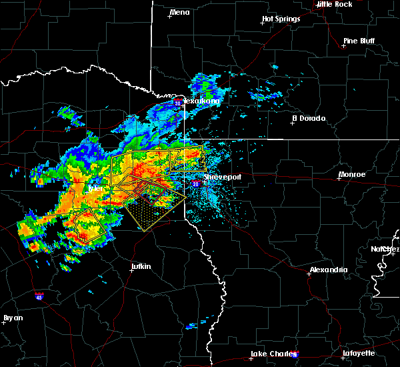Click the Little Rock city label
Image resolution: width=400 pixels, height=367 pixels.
[334, 4]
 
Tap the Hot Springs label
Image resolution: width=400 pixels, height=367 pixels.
[281, 19]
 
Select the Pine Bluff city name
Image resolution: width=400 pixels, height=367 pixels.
[359, 41]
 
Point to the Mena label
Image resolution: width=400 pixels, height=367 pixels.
[179, 12]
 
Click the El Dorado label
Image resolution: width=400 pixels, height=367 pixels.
[309, 118]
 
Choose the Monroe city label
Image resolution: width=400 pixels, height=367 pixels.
[351, 174]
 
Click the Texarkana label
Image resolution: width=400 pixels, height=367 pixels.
[201, 101]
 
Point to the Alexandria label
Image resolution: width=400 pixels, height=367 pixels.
[327, 270]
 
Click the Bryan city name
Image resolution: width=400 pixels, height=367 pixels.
[13, 318]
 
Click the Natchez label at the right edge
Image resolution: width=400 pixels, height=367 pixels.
[385, 249]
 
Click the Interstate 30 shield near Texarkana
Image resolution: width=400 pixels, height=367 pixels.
[178, 103]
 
